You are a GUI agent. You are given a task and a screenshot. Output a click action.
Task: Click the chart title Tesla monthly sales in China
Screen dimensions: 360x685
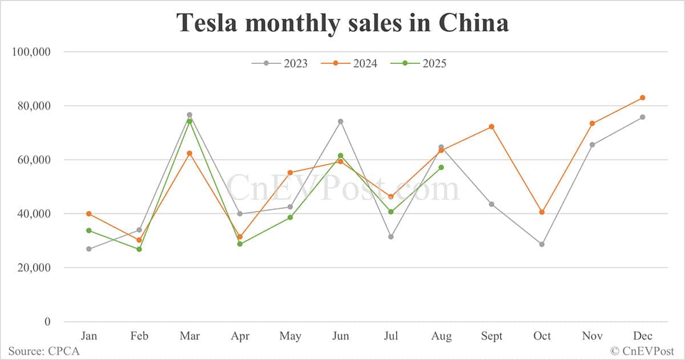pyautogui.click(x=342, y=23)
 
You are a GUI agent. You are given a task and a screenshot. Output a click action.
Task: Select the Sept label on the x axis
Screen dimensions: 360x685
pyautogui.click(x=491, y=336)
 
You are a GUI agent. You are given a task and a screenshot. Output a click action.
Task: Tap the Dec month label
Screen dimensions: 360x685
pyautogui.click(x=642, y=336)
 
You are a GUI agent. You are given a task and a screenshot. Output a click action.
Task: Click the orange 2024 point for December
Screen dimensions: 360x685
pyautogui.click(x=642, y=98)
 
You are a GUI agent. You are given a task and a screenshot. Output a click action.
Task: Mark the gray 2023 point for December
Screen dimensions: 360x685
pyautogui.click(x=642, y=117)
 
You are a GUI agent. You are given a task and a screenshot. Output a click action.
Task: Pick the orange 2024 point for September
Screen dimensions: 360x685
pyautogui.click(x=491, y=127)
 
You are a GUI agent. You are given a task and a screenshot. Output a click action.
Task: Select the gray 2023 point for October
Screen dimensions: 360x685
pyautogui.click(x=542, y=244)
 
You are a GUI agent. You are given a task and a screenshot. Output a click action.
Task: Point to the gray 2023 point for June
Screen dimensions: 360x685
pyautogui.click(x=340, y=121)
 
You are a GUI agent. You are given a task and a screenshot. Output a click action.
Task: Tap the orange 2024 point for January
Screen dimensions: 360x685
pyautogui.click(x=88, y=213)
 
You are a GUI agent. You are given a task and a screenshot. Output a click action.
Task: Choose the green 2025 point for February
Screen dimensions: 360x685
pyautogui.click(x=139, y=249)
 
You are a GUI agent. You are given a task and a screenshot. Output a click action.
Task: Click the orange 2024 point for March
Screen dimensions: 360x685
pyautogui.click(x=190, y=153)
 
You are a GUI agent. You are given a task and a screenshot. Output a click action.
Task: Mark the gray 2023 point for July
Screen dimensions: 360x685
pyautogui.click(x=390, y=237)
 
